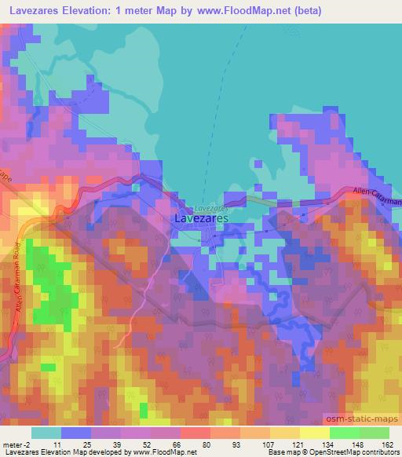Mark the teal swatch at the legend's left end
tap(46, 432)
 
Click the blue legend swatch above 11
tap(76, 432)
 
